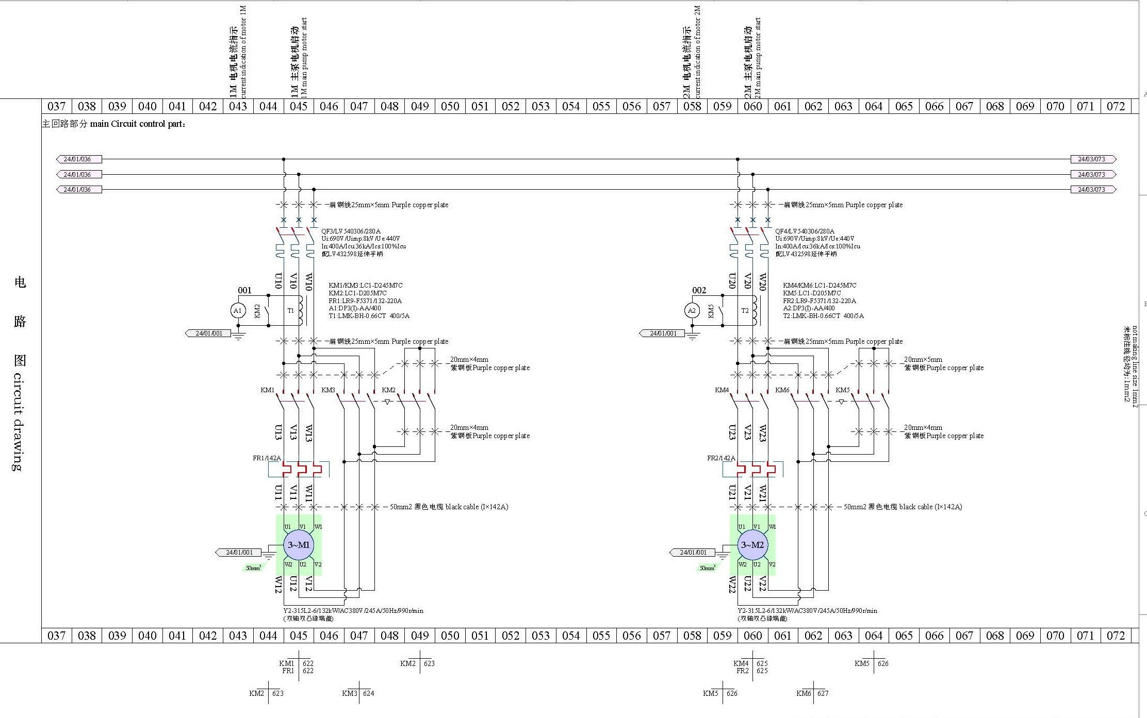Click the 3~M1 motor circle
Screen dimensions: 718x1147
pyautogui.click(x=299, y=545)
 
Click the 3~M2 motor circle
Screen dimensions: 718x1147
pyautogui.click(x=752, y=545)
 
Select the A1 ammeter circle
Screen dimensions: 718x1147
pyautogui.click(x=237, y=311)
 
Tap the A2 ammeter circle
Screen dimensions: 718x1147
pyautogui.click(x=692, y=311)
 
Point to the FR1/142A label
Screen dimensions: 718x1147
pyautogui.click(x=267, y=458)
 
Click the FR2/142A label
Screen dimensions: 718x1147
pyautogui.click(x=721, y=458)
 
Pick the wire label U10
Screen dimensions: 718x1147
pyautogui.click(x=278, y=281)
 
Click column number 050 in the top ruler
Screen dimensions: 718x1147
pyautogui.click(x=450, y=107)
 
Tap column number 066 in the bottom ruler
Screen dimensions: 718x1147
pyautogui.click(x=934, y=636)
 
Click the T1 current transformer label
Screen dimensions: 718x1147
pyautogui.click(x=291, y=311)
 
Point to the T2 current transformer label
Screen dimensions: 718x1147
pyautogui.click(x=745, y=311)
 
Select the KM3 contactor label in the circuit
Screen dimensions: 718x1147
pyautogui.click(x=328, y=390)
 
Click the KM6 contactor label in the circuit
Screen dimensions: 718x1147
pyautogui.click(x=782, y=390)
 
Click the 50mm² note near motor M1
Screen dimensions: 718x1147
pyautogui.click(x=253, y=568)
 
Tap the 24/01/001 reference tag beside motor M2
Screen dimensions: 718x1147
pyautogui.click(x=693, y=553)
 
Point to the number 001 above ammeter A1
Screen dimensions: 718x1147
pyautogui.click(x=244, y=291)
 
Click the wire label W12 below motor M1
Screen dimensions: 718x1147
pyautogui.click(x=278, y=585)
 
